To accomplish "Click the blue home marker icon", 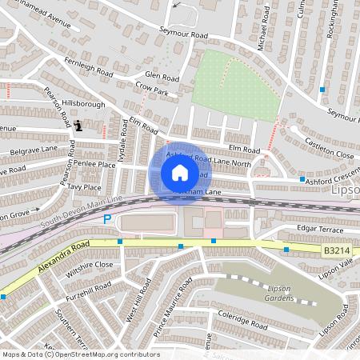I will [180, 173].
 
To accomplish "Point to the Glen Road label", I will [162, 77].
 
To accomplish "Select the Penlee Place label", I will [95, 164].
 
